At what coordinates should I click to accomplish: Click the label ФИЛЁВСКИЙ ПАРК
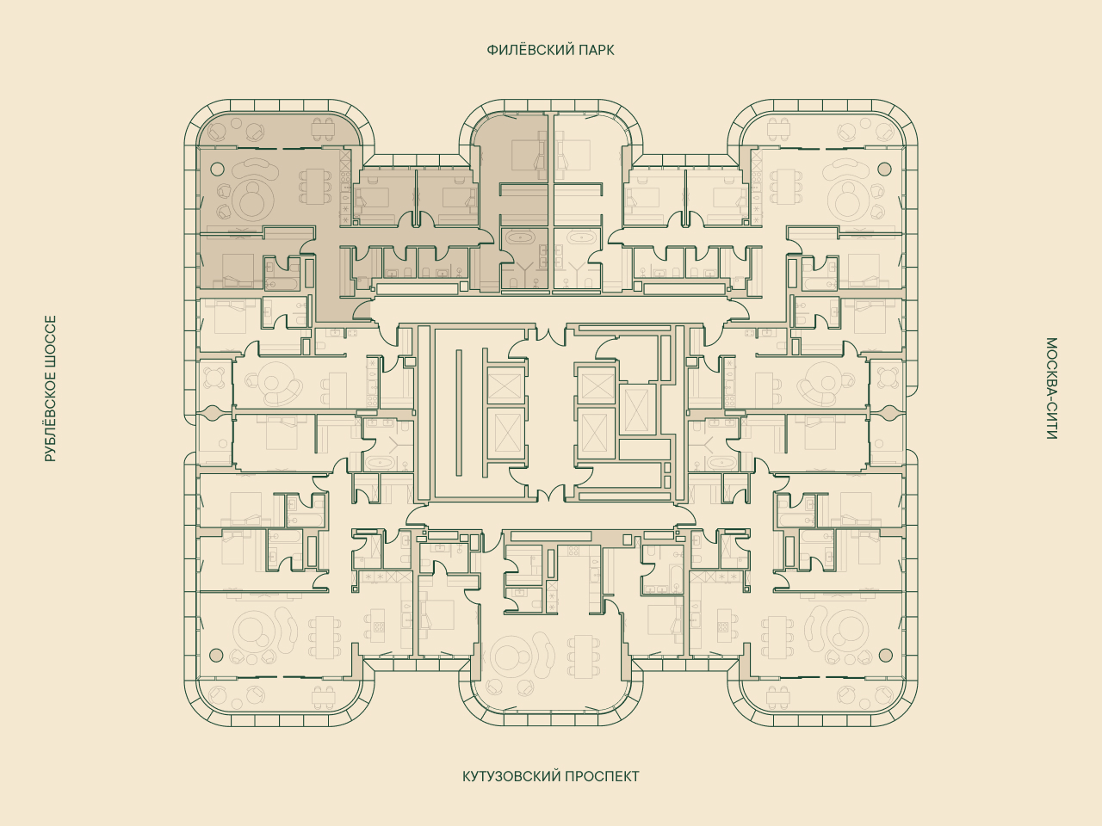tap(550, 50)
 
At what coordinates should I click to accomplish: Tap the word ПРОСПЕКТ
tap(602, 776)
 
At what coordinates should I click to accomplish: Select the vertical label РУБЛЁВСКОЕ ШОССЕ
tap(50, 389)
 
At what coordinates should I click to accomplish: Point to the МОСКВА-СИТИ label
tap(1051, 389)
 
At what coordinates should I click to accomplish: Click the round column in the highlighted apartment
tap(217, 169)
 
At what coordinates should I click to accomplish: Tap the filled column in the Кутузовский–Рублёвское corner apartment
tap(216, 655)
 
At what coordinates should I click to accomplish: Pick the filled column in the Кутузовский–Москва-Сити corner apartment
tap(886, 655)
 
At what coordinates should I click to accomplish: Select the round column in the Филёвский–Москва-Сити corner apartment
tap(884, 169)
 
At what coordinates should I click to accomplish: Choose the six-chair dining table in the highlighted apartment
tap(316, 187)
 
